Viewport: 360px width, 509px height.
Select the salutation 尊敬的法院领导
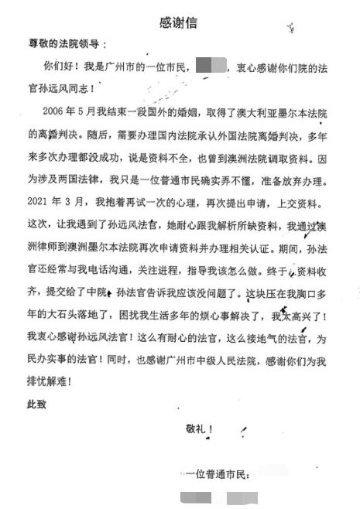(66, 44)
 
